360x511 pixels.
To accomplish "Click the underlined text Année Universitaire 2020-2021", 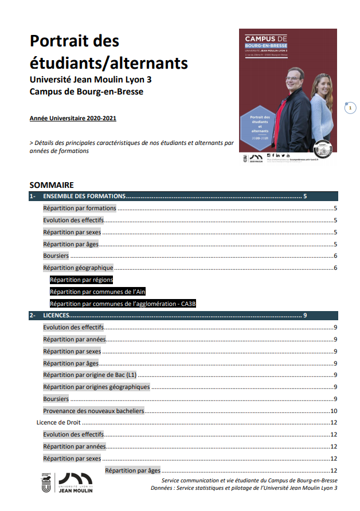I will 73,119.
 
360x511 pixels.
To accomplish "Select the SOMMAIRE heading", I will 52,185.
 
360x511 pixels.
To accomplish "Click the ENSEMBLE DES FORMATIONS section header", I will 85,196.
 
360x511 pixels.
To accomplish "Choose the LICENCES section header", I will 57,315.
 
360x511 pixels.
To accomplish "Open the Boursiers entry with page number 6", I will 56,256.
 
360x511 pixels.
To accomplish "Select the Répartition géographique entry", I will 78,268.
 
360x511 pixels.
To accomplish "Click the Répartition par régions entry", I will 81,280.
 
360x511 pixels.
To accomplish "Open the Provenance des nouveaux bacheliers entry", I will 93,411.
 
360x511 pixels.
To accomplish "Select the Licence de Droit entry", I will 57,422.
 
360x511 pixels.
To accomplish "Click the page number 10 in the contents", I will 332,411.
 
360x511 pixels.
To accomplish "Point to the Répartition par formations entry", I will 80,209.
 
